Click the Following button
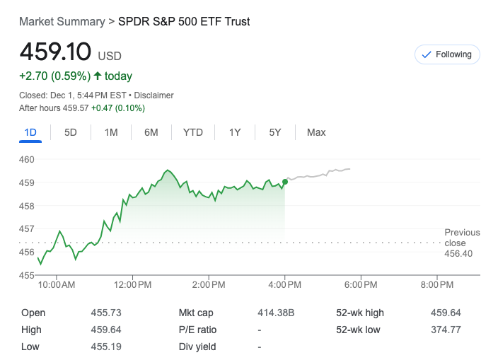(x=446, y=54)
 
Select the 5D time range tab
(x=71, y=132)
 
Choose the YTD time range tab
(x=192, y=132)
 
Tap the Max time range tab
(x=316, y=132)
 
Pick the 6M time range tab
(x=151, y=132)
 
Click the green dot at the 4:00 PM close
(x=285, y=182)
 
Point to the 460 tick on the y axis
(x=27, y=160)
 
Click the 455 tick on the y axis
(x=27, y=275)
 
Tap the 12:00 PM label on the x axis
(x=132, y=285)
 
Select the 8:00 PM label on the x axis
(x=436, y=285)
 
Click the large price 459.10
(x=55, y=52)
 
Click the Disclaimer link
(x=154, y=95)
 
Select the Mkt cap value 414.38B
(x=277, y=313)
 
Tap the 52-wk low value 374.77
(x=446, y=330)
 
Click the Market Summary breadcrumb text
(x=62, y=21)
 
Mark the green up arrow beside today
(x=98, y=76)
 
